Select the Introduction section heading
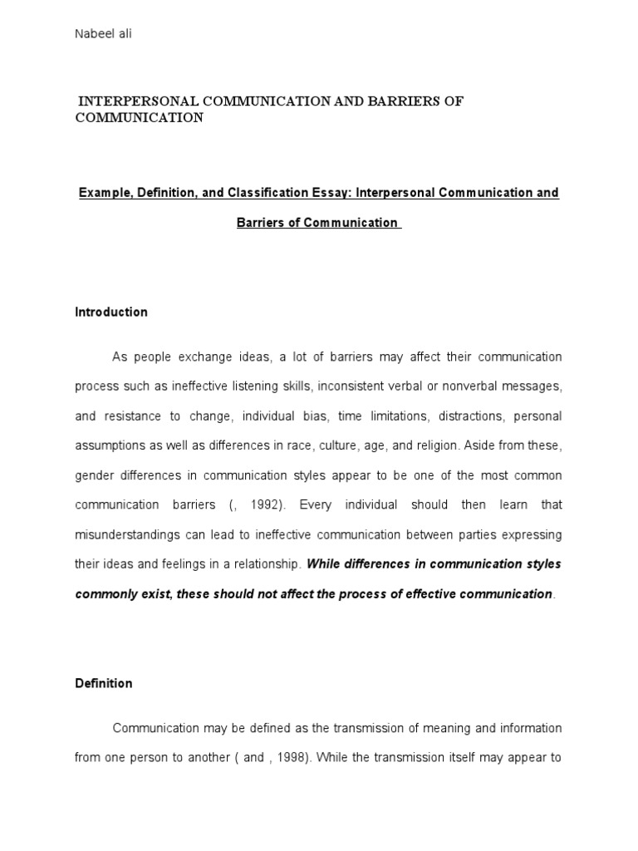(x=111, y=312)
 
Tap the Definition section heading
(x=104, y=683)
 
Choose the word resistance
(x=131, y=416)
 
